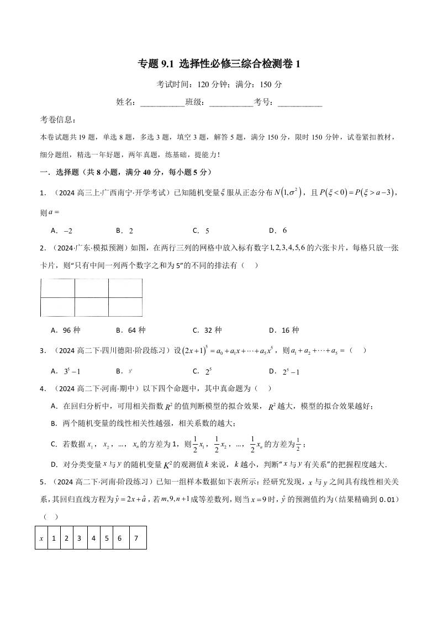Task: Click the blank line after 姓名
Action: (x=163, y=103)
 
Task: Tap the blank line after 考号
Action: (x=299, y=103)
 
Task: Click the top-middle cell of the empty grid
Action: (x=91, y=289)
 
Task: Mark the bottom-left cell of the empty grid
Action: (x=57, y=307)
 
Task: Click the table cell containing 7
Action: (x=136, y=537)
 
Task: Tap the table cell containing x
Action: (x=41, y=537)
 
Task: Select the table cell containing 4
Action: (x=93, y=537)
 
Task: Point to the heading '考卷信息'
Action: (x=59, y=120)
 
